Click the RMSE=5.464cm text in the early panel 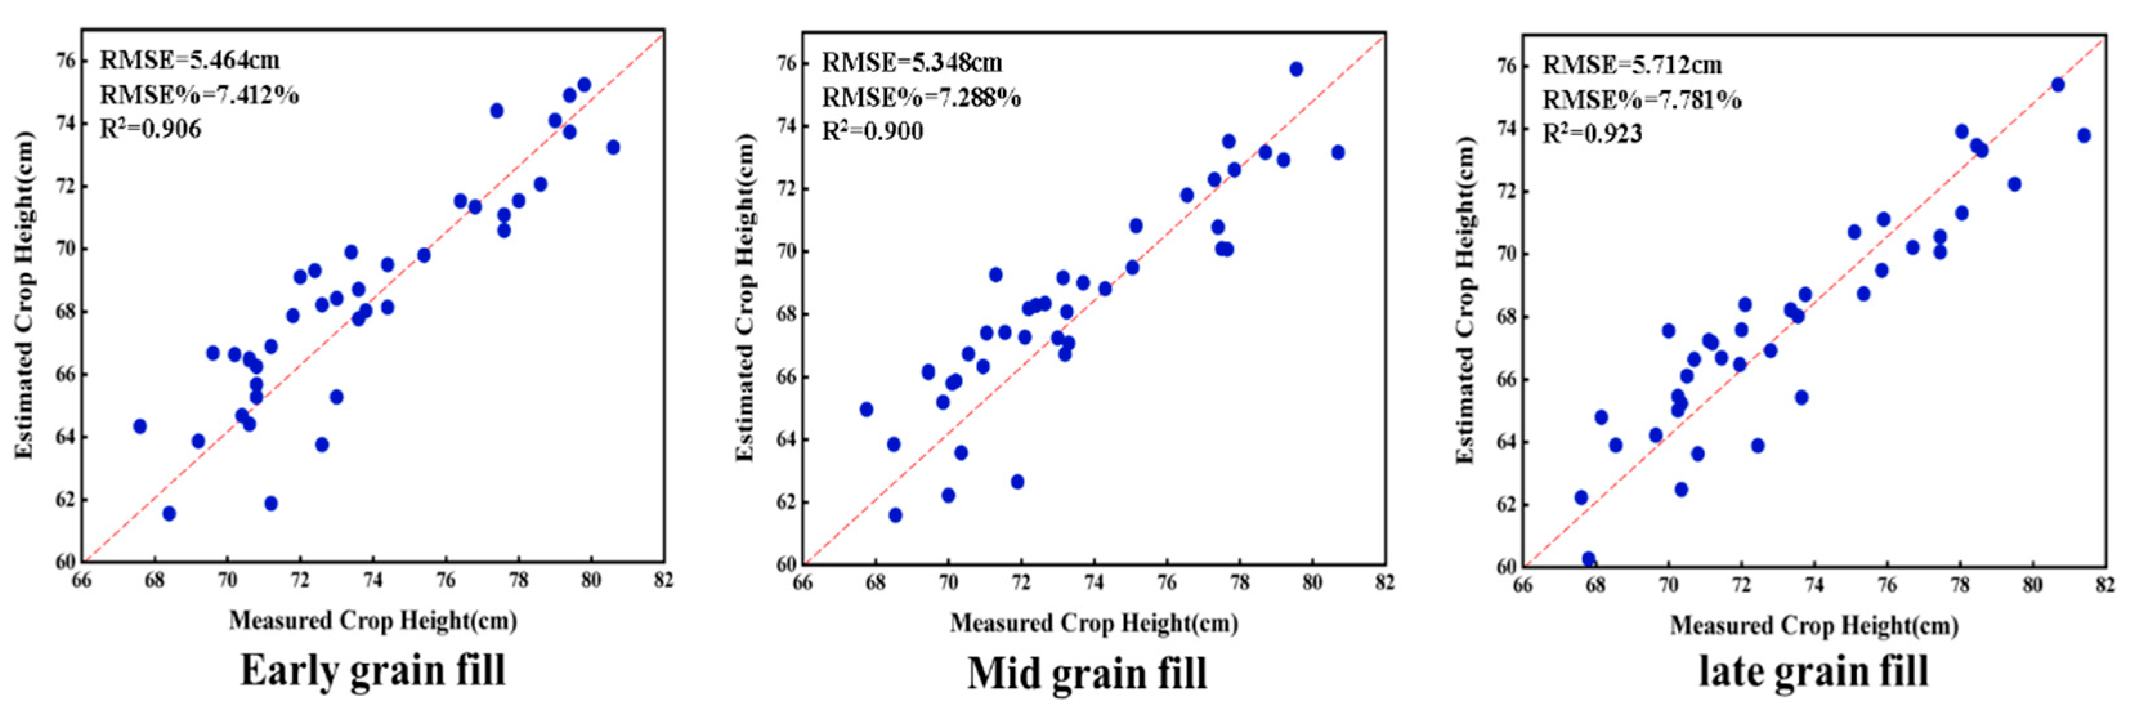[190, 61]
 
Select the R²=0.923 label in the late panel [1592, 133]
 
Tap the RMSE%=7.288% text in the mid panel [921, 98]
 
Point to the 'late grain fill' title [1814, 671]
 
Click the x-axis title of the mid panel [1094, 624]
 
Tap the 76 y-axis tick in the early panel [66, 61]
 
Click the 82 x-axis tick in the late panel [2105, 586]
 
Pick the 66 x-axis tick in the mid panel [802, 583]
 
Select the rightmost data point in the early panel [613, 148]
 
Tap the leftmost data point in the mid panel [866, 409]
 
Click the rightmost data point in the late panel [2084, 135]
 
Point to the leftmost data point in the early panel [140, 426]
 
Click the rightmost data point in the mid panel [1338, 153]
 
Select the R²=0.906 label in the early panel [150, 129]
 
